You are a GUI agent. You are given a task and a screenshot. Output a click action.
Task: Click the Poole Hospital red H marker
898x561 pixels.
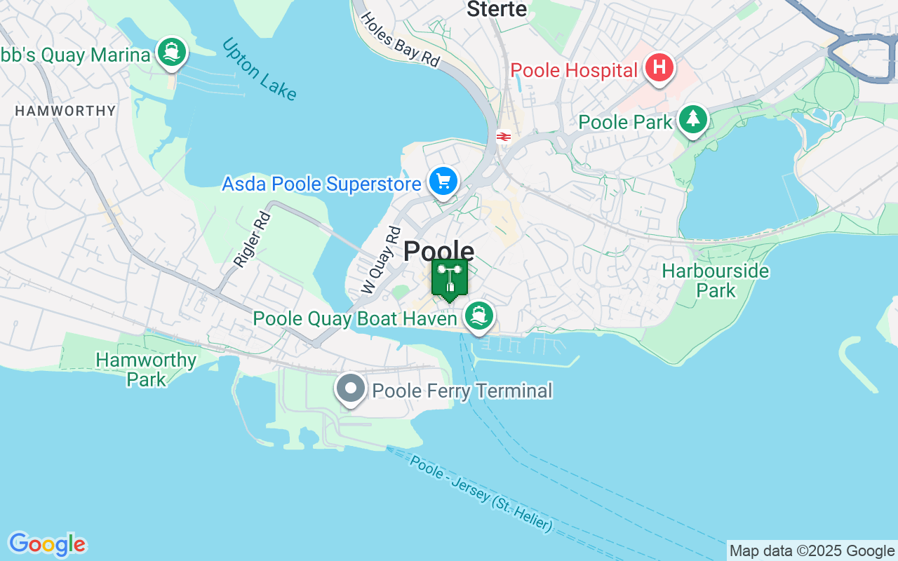(659, 69)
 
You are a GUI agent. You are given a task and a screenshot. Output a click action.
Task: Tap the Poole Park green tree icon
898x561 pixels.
(693, 119)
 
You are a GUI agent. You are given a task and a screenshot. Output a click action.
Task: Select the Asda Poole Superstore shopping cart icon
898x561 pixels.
(443, 182)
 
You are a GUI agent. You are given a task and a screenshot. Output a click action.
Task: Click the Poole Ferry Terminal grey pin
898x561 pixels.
(350, 388)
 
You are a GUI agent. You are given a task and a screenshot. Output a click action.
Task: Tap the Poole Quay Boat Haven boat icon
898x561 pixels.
(479, 316)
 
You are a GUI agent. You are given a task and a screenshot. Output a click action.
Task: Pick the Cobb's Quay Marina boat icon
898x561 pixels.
(171, 52)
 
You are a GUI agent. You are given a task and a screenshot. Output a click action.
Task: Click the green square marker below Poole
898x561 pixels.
(450, 278)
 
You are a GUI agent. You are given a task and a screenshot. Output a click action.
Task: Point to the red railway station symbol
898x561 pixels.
(502, 137)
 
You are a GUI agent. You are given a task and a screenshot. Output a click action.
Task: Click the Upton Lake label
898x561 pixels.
(259, 69)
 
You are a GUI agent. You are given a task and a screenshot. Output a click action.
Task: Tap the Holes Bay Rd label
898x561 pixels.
(400, 40)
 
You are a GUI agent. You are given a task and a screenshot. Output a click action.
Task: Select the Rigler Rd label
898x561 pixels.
(252, 239)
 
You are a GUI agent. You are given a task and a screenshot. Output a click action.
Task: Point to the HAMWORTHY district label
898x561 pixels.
(65, 111)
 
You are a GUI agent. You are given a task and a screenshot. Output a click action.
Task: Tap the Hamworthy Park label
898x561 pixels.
(146, 370)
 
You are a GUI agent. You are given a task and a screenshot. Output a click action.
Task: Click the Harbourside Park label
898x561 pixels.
(715, 280)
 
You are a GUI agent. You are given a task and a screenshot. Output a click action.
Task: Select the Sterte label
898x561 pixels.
(497, 9)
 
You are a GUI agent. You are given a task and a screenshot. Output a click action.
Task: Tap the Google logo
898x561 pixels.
(47, 544)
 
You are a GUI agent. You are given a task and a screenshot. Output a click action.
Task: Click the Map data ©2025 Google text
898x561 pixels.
(812, 551)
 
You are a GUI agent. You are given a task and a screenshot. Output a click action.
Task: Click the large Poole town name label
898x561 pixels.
(438, 252)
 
